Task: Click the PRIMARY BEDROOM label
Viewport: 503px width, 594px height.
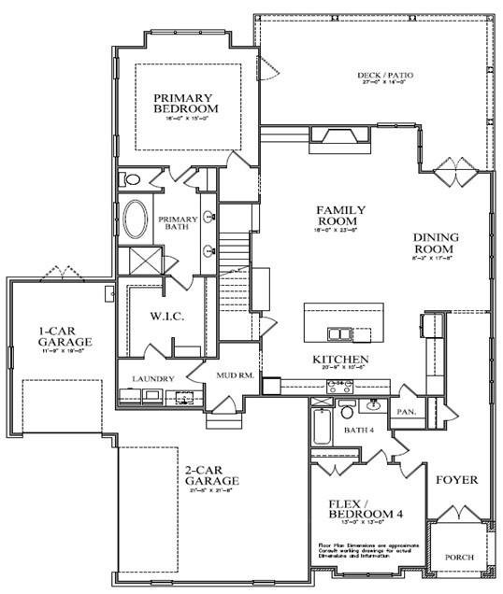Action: pyautogui.click(x=183, y=103)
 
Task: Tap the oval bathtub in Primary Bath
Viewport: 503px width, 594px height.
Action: pyautogui.click(x=136, y=220)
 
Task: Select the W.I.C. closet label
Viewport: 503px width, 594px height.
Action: pyautogui.click(x=168, y=316)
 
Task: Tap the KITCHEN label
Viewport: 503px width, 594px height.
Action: pyautogui.click(x=340, y=360)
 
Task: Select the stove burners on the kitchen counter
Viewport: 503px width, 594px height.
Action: pyautogui.click(x=338, y=384)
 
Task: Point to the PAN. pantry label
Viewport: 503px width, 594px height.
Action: pyautogui.click(x=407, y=410)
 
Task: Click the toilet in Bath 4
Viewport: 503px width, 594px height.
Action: pyautogui.click(x=346, y=410)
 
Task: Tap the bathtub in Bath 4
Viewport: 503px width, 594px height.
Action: pyautogui.click(x=321, y=425)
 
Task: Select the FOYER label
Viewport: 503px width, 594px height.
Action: pyautogui.click(x=456, y=480)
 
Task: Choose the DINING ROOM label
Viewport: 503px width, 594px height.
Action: pyautogui.click(x=436, y=244)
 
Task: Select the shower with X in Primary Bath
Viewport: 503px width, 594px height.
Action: pyautogui.click(x=137, y=259)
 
